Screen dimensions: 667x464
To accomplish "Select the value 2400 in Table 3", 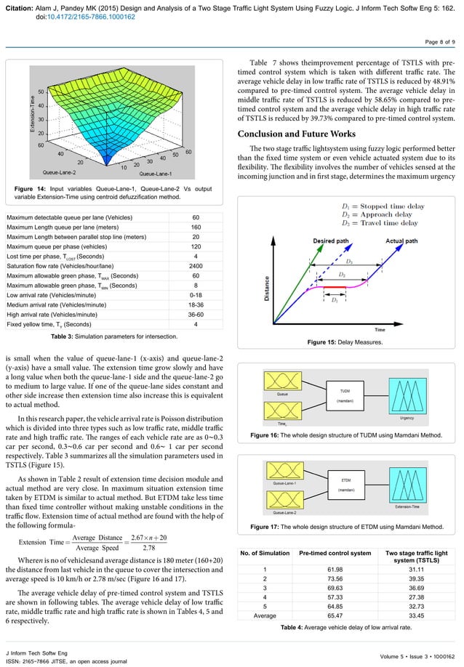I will [195, 266].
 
